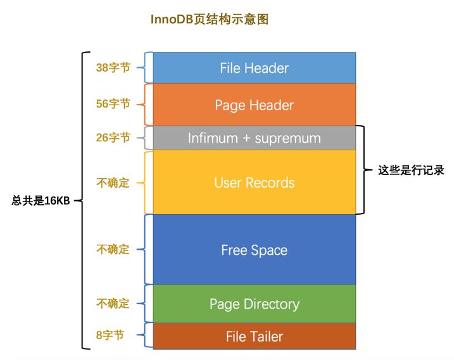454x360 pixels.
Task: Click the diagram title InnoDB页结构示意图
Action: coord(209,20)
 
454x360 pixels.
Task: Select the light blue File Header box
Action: coord(254,68)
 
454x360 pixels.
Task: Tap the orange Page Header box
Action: coord(254,105)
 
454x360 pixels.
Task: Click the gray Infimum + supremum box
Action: coord(254,138)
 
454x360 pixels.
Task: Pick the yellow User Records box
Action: coord(254,183)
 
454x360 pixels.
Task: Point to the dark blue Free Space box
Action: coord(254,250)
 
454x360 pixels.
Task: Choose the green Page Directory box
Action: coord(254,304)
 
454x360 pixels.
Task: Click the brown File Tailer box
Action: coord(254,337)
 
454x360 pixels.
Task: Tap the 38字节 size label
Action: coord(113,67)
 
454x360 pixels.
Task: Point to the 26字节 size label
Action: coord(113,138)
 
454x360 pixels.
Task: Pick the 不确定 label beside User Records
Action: coord(113,183)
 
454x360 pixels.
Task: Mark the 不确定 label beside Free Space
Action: coord(113,250)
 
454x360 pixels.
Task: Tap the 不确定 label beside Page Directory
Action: coord(113,304)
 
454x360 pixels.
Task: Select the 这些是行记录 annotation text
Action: coord(411,170)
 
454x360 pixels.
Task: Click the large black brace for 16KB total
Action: coord(82,200)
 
